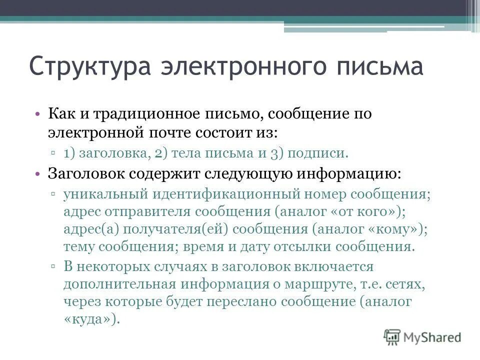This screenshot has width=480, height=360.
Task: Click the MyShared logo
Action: (422, 337)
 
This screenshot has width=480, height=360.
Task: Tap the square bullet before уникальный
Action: (53, 194)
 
